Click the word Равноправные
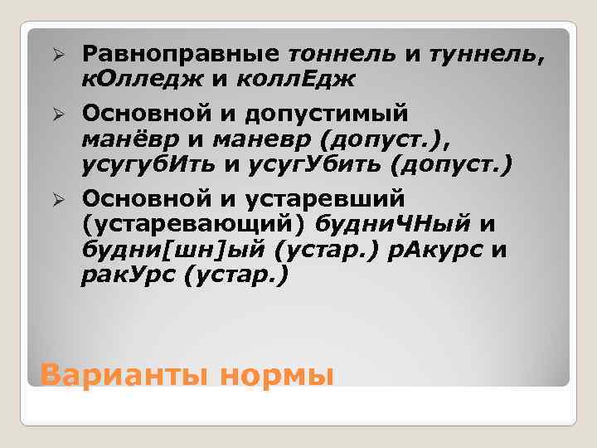180,54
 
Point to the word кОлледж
131,79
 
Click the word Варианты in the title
126,374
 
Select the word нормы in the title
278,376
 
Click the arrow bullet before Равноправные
58,54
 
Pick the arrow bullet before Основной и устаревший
58,199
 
